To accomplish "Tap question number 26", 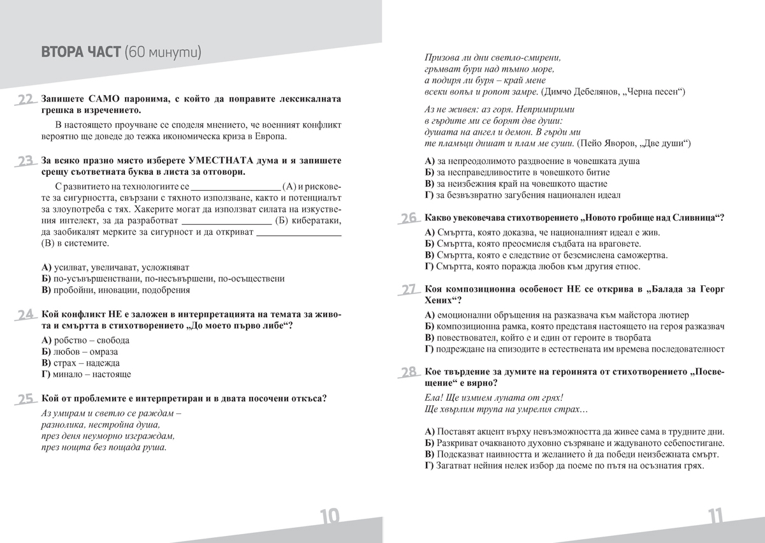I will click(x=409, y=219).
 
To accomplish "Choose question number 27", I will click(x=409, y=290).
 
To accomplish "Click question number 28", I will click(x=409, y=373).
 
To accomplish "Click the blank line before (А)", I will click(x=236, y=187).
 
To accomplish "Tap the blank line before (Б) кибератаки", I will click(x=227, y=221).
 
